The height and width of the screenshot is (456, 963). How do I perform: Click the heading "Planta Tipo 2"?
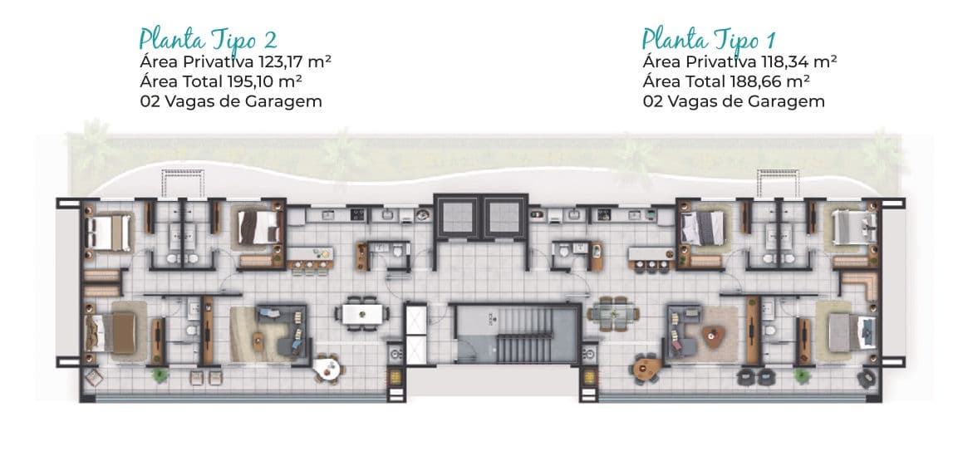click(x=208, y=39)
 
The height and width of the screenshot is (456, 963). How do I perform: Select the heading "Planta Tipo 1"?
click(x=708, y=39)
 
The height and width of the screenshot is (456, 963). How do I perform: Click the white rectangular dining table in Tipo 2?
click(x=361, y=314)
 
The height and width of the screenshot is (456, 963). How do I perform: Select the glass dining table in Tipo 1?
click(x=613, y=314)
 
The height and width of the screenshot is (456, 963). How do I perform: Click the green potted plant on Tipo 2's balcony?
click(x=160, y=374)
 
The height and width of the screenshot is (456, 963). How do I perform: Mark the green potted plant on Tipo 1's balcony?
click(x=802, y=375)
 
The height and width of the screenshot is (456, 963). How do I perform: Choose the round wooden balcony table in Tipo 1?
click(x=649, y=368)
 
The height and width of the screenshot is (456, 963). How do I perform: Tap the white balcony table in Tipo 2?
click(x=327, y=368)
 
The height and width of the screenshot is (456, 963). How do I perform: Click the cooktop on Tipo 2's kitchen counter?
click(x=357, y=215)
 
